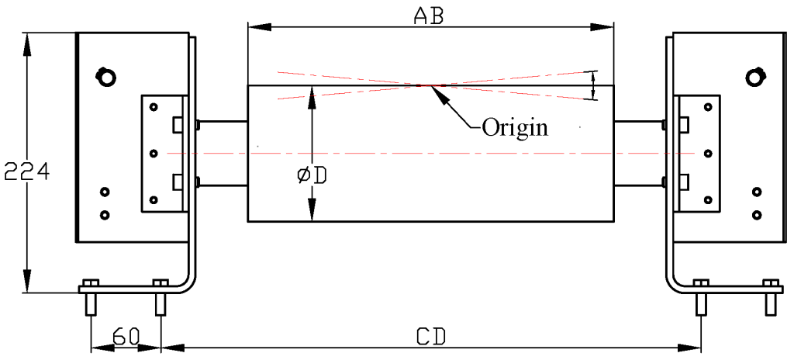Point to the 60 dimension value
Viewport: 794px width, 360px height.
coord(126,336)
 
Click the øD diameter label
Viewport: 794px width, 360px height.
coord(312,175)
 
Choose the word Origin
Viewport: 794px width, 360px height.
coord(515,126)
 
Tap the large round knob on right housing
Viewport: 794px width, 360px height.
coord(754,76)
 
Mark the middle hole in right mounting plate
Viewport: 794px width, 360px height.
coord(706,153)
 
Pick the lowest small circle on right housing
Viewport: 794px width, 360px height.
coord(756,213)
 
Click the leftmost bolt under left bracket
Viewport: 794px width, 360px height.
coord(91,299)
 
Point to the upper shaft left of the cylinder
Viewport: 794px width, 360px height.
coord(223,122)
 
